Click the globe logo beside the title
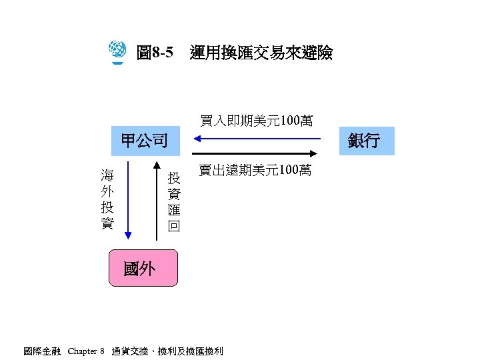pos(117,51)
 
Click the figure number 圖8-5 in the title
pos(154,53)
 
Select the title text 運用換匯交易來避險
pos(261,53)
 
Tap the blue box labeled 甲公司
pos(144,141)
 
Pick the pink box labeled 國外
pos(143,268)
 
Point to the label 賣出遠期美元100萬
pos(255,171)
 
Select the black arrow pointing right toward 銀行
pos(260,153)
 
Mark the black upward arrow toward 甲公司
pos(157,200)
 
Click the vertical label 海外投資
pos(107,199)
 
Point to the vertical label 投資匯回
pos(174,201)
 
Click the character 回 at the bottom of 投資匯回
pos(174,226)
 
